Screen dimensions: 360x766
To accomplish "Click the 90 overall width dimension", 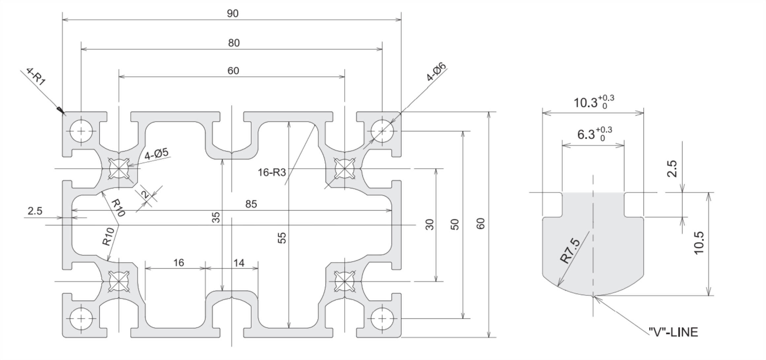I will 232,14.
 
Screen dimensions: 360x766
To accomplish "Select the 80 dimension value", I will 234,43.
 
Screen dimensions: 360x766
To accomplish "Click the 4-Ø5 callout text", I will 156,154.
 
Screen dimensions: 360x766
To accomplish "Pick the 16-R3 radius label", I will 271,172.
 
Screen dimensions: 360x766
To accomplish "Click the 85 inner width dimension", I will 251,204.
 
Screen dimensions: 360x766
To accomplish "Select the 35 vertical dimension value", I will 216,217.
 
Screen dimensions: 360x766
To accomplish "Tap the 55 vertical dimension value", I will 282,238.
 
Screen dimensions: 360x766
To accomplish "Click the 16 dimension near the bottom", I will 179,263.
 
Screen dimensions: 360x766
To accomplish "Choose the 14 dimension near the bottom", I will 239,263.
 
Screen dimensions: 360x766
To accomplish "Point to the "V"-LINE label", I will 673,332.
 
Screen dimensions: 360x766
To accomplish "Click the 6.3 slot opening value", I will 586,134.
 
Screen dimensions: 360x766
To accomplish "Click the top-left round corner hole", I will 81,131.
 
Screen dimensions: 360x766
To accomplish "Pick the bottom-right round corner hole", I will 382,319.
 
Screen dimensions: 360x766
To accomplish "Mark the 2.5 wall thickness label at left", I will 35,211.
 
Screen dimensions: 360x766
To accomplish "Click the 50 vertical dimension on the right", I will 455,224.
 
